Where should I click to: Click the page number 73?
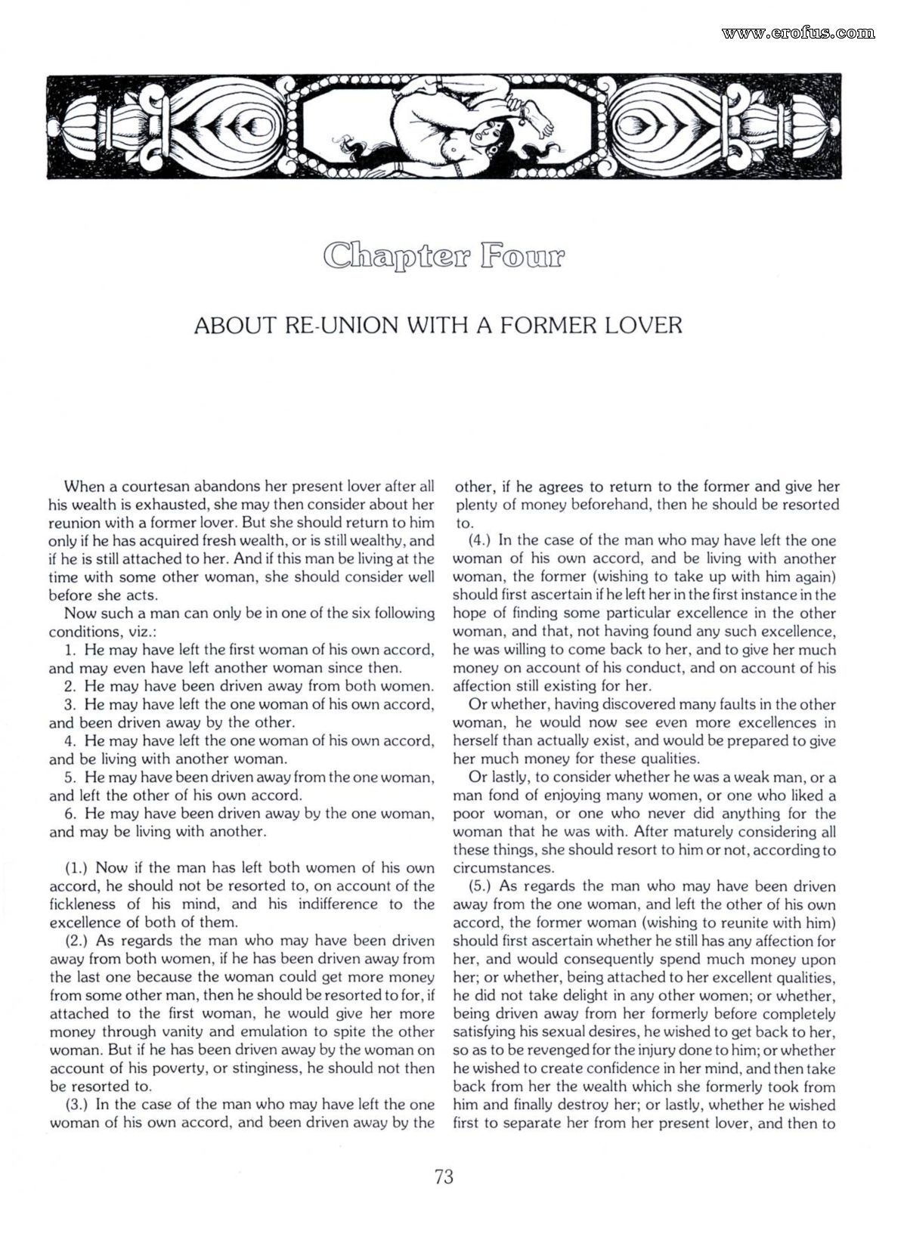[x=444, y=1177]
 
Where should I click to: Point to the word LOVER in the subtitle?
[x=643, y=326]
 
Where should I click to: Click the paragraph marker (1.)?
[x=78, y=868]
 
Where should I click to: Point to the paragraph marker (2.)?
[x=78, y=941]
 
